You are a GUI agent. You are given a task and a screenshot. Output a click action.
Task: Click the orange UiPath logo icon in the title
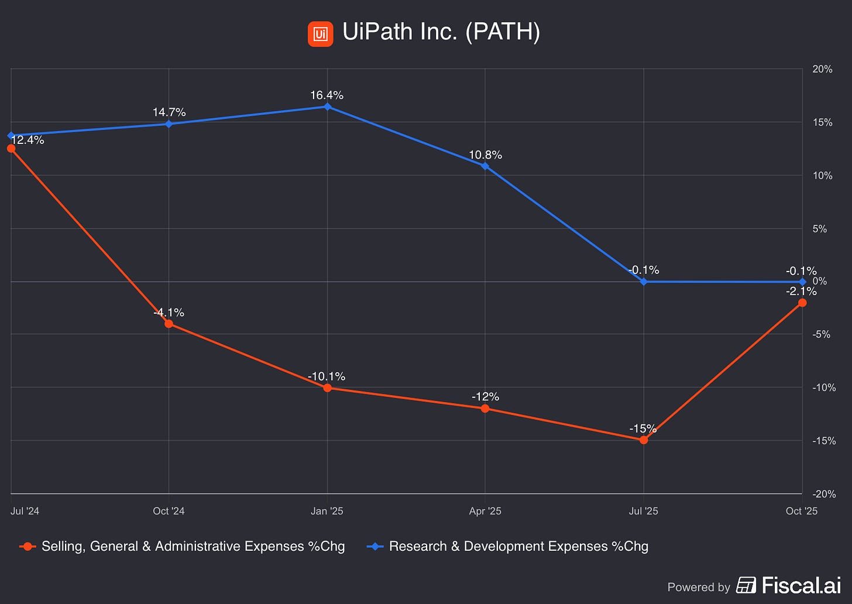coord(320,34)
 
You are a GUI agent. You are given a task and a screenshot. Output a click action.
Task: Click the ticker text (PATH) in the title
coord(503,32)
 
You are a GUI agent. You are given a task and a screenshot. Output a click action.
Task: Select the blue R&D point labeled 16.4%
coord(327,107)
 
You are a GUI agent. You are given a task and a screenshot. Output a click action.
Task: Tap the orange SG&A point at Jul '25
coord(644,440)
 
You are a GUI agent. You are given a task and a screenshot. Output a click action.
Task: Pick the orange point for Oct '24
coord(169,324)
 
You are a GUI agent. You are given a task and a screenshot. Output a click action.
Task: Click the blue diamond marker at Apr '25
coord(485,166)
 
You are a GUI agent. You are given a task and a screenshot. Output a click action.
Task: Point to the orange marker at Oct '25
coord(802,303)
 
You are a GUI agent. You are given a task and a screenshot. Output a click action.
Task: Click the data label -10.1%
coord(327,376)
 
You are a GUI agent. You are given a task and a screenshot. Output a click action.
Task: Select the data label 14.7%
coord(169,112)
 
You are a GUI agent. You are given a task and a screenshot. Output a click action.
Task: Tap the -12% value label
coord(485,397)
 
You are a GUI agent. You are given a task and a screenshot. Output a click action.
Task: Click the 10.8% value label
coord(485,155)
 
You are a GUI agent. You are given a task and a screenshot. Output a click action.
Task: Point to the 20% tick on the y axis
coord(822,69)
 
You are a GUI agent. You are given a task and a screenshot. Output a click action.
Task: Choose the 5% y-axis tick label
coord(819,229)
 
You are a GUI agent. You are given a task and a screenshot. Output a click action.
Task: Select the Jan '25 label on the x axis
coord(327,511)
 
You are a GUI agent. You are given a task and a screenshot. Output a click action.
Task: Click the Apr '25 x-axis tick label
coord(485,511)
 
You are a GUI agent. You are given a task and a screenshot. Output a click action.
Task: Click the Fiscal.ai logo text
coord(789,585)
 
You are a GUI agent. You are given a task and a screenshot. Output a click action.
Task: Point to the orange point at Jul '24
coord(11,149)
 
